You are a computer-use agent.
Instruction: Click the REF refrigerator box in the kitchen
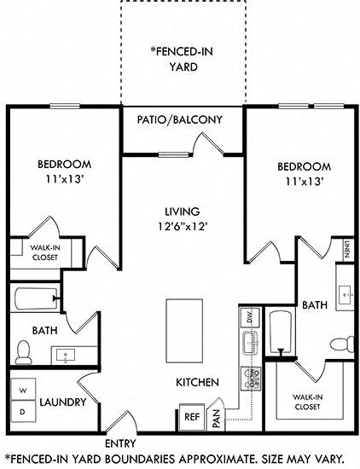(x=192, y=417)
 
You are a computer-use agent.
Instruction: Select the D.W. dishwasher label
(x=250, y=316)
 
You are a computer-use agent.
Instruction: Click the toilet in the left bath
(x=24, y=351)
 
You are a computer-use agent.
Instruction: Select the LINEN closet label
(x=347, y=248)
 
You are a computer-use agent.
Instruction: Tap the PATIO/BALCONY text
(x=179, y=119)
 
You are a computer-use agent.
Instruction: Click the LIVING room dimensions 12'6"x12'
(x=182, y=227)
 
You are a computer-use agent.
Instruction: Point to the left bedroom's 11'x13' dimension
(x=64, y=180)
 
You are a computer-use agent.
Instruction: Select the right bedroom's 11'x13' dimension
(x=303, y=180)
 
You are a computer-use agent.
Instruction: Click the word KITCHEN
(x=198, y=382)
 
